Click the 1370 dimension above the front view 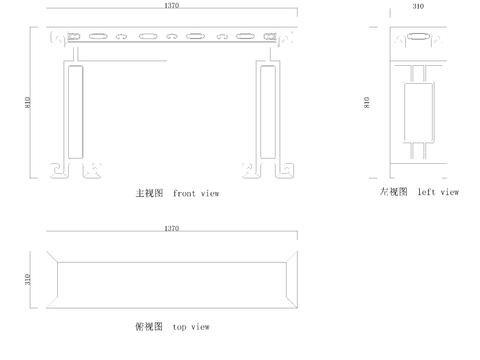[x=171, y=6]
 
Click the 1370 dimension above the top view [x=171, y=229]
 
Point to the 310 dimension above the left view [x=417, y=6]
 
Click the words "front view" [x=195, y=192]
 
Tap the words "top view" [x=191, y=326]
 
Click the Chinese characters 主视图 [x=149, y=192]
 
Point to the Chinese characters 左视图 [x=393, y=191]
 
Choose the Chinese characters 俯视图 [x=147, y=326]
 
